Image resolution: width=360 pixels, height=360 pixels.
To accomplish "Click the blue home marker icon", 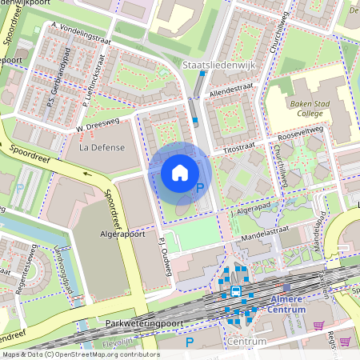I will (180, 173).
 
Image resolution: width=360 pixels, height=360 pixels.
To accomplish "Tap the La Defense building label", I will (98, 147).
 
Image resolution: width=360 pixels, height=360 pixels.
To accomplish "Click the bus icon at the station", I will (235, 292).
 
